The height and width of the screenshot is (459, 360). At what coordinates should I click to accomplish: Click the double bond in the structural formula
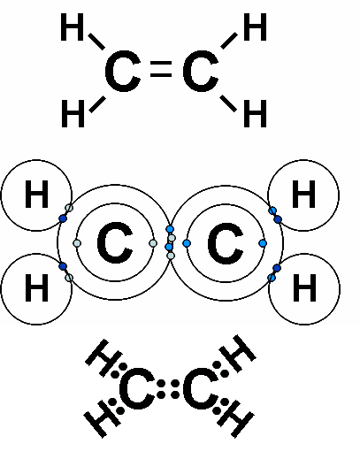[161, 69]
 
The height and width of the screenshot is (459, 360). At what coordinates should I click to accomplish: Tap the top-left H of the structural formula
[73, 27]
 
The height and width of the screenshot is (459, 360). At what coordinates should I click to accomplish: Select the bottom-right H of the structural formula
[256, 113]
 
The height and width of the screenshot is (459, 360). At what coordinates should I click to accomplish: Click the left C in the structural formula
[123, 71]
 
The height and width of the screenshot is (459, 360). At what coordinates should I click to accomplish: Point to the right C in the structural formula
[201, 71]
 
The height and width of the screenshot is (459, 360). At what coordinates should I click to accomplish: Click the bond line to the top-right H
[229, 41]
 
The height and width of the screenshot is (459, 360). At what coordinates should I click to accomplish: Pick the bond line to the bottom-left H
[97, 104]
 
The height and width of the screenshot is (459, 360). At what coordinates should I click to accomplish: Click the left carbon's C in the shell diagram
[115, 242]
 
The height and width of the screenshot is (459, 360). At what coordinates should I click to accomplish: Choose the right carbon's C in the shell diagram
[226, 242]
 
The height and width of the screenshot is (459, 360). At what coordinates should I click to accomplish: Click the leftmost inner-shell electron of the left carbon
[77, 243]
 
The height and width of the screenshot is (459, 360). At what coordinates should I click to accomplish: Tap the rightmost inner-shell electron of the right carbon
[263, 243]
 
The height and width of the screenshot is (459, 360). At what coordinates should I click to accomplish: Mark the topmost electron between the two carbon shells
[170, 229]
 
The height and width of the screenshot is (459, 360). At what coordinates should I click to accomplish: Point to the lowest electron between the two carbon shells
[171, 256]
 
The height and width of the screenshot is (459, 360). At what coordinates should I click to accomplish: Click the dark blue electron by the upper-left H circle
[63, 218]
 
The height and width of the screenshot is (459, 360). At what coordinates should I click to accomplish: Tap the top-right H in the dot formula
[238, 353]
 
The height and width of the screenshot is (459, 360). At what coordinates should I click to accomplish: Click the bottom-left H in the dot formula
[103, 418]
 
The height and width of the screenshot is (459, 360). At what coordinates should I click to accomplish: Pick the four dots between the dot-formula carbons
[168, 389]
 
